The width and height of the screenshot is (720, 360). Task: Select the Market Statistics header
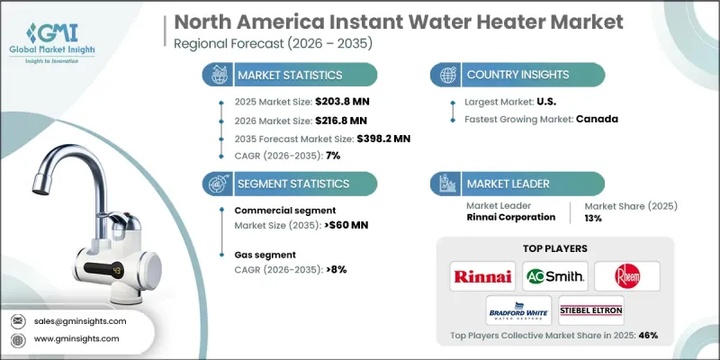pos(290,75)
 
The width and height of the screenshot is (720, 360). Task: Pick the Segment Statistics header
pos(292,183)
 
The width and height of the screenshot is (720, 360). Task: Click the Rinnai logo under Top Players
pos(483,275)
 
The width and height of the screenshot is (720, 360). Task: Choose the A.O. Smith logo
pos(554,275)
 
